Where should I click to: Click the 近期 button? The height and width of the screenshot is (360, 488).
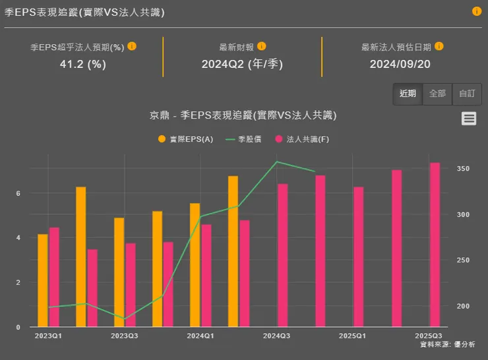(408, 94)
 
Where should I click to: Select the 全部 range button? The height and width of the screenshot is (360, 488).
(437, 94)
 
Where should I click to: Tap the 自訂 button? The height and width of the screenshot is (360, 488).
(467, 94)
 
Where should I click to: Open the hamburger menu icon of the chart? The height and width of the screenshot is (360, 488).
(469, 118)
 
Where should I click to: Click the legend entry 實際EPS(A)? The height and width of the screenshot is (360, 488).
(185, 139)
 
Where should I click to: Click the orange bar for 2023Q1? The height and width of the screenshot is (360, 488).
(43, 280)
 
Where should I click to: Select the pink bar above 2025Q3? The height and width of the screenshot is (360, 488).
(435, 245)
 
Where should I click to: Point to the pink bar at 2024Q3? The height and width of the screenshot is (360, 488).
(282, 255)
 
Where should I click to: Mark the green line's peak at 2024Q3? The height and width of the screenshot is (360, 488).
(276, 162)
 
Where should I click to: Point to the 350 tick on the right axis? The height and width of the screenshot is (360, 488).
(463, 169)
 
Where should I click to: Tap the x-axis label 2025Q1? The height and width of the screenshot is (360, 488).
(352, 336)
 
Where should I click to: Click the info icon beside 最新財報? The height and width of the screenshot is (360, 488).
(262, 47)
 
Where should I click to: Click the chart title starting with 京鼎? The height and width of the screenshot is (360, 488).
(243, 115)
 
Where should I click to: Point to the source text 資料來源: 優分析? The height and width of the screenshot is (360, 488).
(447, 344)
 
